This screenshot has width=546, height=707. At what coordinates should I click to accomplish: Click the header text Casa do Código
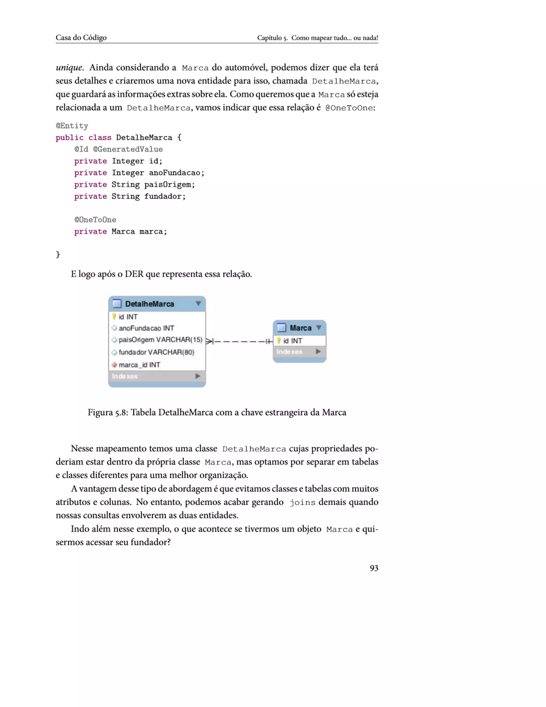tap(81, 38)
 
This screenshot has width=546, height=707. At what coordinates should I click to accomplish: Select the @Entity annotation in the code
tap(72, 126)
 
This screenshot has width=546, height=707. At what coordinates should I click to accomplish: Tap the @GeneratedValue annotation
tap(128, 149)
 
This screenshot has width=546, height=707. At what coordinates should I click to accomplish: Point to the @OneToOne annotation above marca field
tap(95, 220)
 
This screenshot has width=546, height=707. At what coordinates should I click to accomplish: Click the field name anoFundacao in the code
tap(174, 173)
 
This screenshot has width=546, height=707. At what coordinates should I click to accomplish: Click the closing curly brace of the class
tap(58, 255)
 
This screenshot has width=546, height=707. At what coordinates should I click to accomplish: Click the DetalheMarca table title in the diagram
tap(150, 304)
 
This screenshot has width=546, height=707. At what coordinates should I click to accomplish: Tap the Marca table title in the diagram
tap(300, 328)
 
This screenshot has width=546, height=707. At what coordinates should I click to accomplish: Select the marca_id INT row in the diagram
tap(139, 365)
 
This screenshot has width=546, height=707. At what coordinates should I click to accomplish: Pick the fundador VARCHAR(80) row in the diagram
tap(156, 352)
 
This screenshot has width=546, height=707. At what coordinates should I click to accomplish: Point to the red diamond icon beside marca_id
tap(114, 365)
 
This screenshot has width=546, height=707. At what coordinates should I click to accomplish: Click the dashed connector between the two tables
tap(239, 341)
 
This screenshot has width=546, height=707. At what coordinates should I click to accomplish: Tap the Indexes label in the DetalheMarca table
tap(125, 376)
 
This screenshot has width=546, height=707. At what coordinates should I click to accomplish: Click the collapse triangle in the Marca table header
tap(319, 328)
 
